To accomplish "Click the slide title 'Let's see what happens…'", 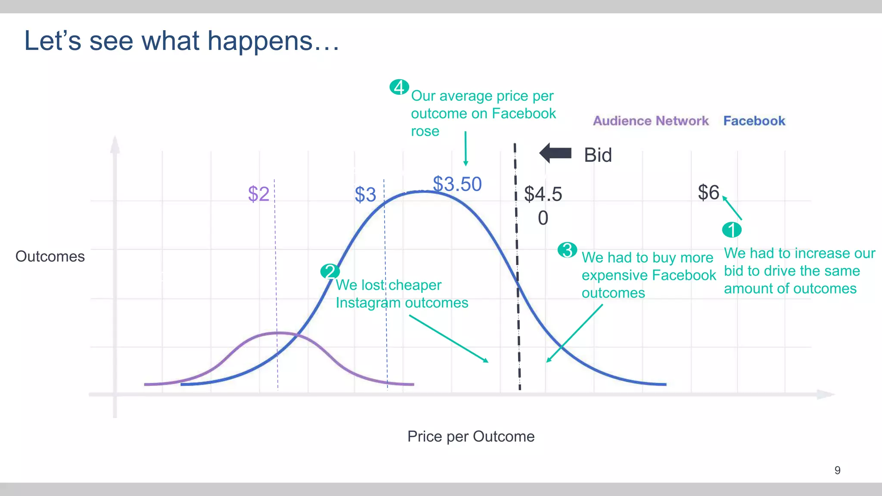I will tap(182, 41).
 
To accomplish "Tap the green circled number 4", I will tap(399, 87).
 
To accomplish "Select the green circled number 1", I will tap(732, 229).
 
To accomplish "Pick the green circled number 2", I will tap(330, 271).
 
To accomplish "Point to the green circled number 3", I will tap(567, 250).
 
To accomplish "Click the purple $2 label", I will tap(258, 194).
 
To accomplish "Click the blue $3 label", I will tap(365, 195).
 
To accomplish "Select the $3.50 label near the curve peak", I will tap(457, 184).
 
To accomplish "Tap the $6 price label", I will tap(708, 192).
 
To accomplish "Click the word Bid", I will tap(598, 155).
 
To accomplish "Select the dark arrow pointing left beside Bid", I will tap(556, 153).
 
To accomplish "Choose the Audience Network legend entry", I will tap(651, 121).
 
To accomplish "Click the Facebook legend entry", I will tap(754, 121).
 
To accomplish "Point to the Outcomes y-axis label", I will tap(50, 257).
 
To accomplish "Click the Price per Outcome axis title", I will tap(471, 437).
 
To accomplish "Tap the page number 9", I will tap(837, 470).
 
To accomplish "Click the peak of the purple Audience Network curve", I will tap(279, 332).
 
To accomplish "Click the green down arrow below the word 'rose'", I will tap(466, 149).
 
